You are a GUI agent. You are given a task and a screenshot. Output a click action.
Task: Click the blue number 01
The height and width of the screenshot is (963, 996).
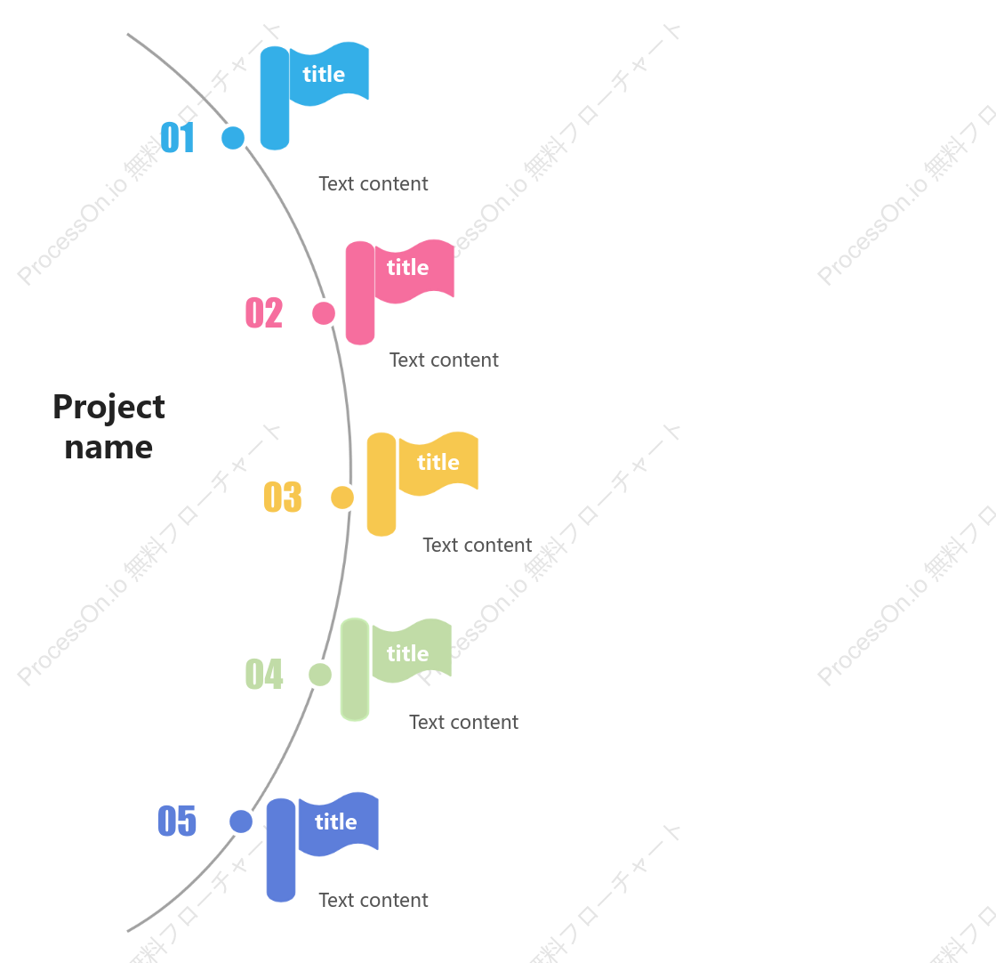point(177,138)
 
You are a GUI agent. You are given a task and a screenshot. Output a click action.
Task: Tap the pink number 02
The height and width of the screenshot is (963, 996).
point(264,312)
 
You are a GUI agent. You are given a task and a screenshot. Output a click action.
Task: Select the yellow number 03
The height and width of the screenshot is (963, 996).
point(283,497)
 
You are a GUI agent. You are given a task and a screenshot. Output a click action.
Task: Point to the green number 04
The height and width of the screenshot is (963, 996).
point(264,674)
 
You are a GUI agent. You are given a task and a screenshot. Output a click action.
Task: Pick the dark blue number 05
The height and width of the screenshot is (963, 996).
point(177,821)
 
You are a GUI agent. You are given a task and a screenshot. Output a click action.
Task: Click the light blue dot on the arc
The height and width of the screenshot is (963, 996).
point(233,138)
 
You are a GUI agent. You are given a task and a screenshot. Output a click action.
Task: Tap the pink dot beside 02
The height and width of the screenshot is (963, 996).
point(324,313)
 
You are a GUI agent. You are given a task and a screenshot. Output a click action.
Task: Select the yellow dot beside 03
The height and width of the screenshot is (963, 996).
point(342,498)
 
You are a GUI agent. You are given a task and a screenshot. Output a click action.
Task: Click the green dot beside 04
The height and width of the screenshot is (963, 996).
point(320,675)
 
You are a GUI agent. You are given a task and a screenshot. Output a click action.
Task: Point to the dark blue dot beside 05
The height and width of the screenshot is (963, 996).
point(241,821)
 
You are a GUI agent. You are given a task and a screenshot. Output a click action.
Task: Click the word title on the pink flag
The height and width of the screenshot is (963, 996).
point(408,267)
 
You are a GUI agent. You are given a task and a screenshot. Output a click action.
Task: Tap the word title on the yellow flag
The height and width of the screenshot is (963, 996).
point(438,462)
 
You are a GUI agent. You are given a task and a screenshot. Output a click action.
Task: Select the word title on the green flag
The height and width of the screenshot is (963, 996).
point(408,653)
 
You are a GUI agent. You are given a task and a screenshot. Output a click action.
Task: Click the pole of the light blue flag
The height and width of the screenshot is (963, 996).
point(275,98)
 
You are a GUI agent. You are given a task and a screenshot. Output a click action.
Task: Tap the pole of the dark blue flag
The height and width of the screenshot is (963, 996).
point(281,850)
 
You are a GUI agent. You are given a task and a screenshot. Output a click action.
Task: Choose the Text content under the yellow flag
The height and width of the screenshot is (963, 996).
point(477,545)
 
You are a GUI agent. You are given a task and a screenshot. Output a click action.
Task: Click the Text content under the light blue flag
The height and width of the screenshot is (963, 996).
point(373,183)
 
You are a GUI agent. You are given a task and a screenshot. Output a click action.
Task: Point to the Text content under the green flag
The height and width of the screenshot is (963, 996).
point(463,722)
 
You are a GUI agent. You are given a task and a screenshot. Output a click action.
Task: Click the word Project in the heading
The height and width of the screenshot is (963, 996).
point(108,409)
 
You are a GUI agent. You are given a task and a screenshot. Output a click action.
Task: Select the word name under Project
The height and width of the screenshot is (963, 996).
point(108,448)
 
